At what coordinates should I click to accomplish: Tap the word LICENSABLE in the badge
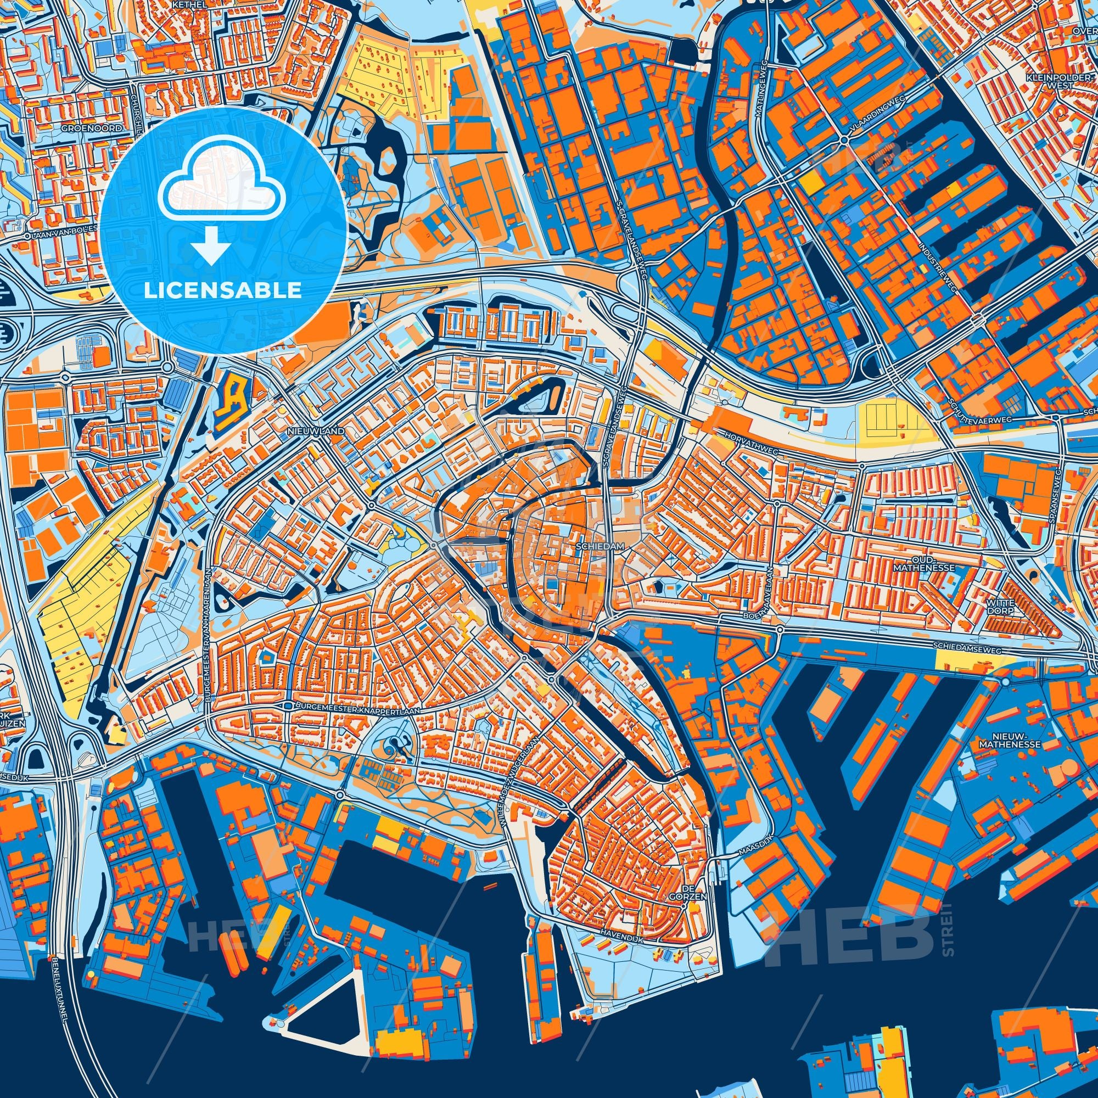(x=222, y=290)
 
